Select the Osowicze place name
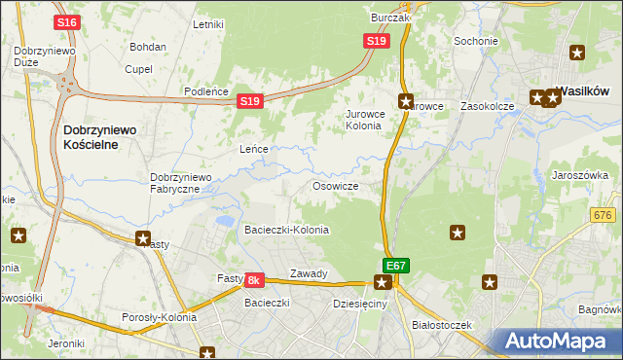[335, 186]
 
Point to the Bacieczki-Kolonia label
[286, 230]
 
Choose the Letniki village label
[208, 24]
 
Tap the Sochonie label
[476, 42]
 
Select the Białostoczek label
[441, 324]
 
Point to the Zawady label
[309, 273]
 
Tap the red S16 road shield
[66, 22]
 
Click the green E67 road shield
[395, 265]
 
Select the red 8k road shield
[254, 279]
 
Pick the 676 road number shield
[604, 215]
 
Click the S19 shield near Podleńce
[250, 101]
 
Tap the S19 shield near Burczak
[378, 41]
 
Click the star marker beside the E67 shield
[383, 283]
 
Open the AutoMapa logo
[557, 341]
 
